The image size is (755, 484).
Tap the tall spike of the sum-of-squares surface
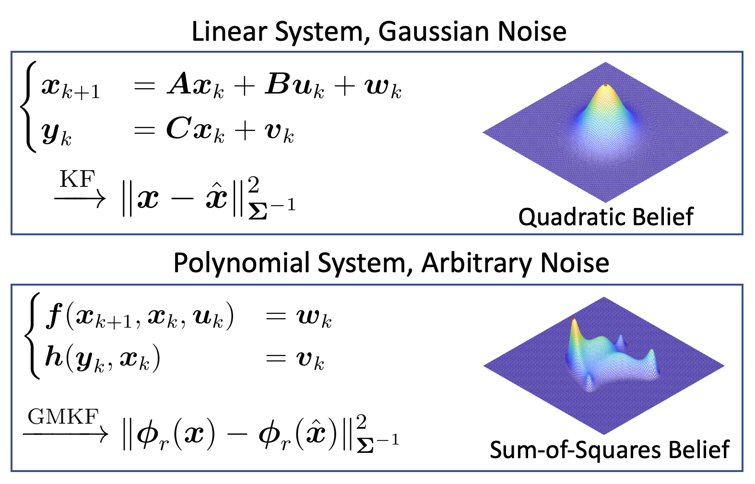pyautogui.click(x=574, y=320)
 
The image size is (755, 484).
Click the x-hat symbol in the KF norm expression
pyautogui.click(x=216, y=197)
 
